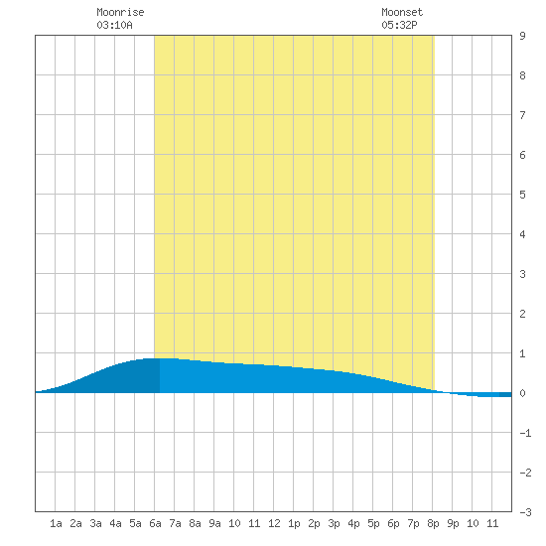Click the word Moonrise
(x=120, y=12)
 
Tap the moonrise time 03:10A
(x=114, y=25)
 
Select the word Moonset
(x=402, y=12)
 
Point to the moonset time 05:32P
(x=399, y=25)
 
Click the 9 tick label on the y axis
(x=522, y=36)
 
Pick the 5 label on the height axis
(x=522, y=195)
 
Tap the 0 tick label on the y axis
(x=522, y=393)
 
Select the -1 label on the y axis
(x=525, y=433)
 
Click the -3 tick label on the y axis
(x=525, y=512)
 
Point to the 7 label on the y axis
(x=522, y=115)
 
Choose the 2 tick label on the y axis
(x=522, y=314)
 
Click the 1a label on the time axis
(x=56, y=523)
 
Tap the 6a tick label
(x=155, y=523)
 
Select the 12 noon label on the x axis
(x=274, y=523)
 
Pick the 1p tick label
(x=294, y=523)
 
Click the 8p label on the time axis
(x=433, y=523)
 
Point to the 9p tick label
(x=453, y=523)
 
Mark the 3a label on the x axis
(x=95, y=523)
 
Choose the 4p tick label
(x=353, y=523)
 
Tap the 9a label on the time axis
(x=214, y=523)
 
